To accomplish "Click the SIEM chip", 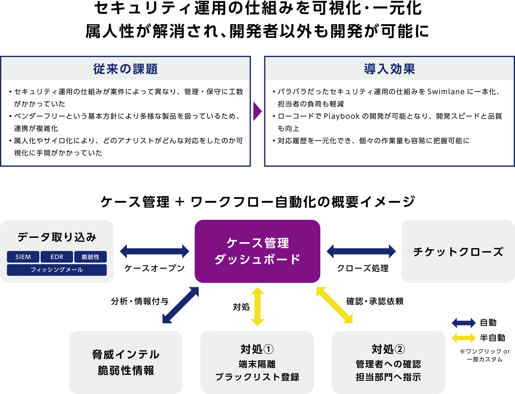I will coord(23,257).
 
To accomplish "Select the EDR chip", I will coord(57,257).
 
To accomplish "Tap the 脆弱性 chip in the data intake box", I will coord(90,257).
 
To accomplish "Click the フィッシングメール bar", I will coord(57,270).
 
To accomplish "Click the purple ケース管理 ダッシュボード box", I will coord(257,251).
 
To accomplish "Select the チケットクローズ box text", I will coord(458,252).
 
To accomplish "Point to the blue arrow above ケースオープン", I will coord(154,251).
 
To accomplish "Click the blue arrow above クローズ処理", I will coord(361,251).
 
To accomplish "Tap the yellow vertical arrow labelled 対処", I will coord(257,306).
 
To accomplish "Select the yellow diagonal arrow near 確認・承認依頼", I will coord(334,305).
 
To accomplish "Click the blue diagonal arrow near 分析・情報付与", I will coord(181,305).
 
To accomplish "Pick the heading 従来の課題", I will coord(125,69).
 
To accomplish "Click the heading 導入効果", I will coord(389,69).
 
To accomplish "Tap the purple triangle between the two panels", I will coord(257,111).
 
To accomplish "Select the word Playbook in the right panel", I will coord(341,116).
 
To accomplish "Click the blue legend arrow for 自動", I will coord(464,323).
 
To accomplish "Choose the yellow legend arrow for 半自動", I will coord(464,338).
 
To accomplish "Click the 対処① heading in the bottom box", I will coord(257,349).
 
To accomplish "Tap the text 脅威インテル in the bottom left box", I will coord(126,355).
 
